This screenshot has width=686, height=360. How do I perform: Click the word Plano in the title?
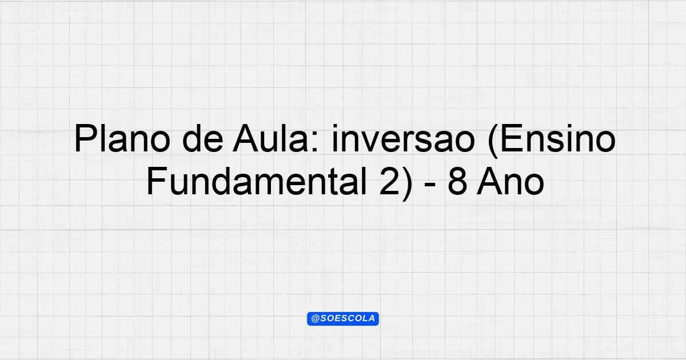[122, 138]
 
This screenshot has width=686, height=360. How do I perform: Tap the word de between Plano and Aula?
[202, 138]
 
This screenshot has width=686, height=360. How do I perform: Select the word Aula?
[270, 138]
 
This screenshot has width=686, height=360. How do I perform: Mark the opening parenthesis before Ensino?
[493, 142]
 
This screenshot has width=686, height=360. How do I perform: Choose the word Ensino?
[558, 138]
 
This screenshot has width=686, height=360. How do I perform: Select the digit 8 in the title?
[457, 181]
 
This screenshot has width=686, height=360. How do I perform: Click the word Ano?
[510, 181]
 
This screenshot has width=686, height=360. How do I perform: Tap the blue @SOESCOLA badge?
[343, 319]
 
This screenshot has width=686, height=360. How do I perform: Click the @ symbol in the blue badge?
[315, 319]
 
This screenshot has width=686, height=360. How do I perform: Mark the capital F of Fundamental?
[157, 181]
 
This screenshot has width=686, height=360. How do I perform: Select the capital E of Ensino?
[512, 138]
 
